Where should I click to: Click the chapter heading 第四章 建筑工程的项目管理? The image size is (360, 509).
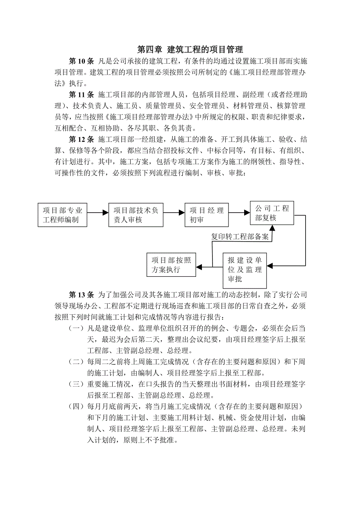tap(190, 50)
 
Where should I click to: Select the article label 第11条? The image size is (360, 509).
tap(81, 95)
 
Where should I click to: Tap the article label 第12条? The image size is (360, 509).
tap(81, 140)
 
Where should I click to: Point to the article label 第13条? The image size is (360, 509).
tap(81, 294)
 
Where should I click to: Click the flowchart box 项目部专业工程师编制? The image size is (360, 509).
tap(63, 215)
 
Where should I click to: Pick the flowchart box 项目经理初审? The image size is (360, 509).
tap(207, 215)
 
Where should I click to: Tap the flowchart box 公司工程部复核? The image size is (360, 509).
tap(272, 213)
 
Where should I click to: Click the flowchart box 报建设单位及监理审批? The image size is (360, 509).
tap(245, 270)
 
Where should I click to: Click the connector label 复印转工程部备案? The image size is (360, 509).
tap(240, 237)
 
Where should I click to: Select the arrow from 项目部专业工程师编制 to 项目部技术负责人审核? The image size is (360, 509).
tap(97, 213)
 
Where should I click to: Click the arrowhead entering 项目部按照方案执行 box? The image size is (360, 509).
tap(199, 267)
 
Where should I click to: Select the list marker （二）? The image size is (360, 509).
tap(76, 362)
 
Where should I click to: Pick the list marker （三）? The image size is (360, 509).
tap(76, 385)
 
